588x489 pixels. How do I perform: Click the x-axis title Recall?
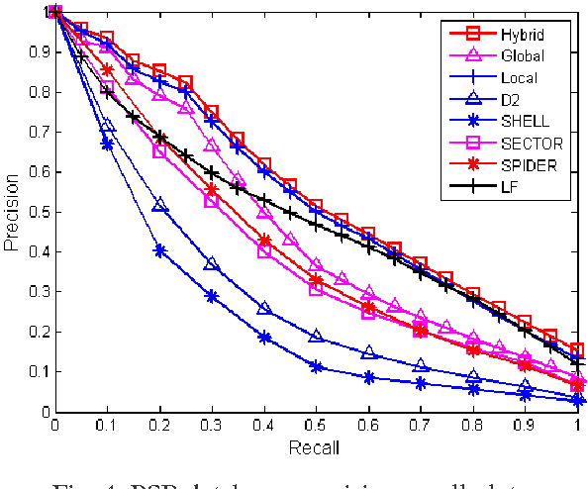[316, 446]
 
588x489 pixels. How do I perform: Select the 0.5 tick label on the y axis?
[38, 211]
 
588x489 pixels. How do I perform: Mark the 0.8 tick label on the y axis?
[38, 91]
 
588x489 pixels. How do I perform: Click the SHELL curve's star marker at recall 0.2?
[159, 250]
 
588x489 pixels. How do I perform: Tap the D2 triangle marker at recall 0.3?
[211, 264]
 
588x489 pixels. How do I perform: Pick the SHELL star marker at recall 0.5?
[316, 366]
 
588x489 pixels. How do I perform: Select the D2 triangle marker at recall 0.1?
[107, 126]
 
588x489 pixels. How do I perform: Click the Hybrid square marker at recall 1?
[577, 350]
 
